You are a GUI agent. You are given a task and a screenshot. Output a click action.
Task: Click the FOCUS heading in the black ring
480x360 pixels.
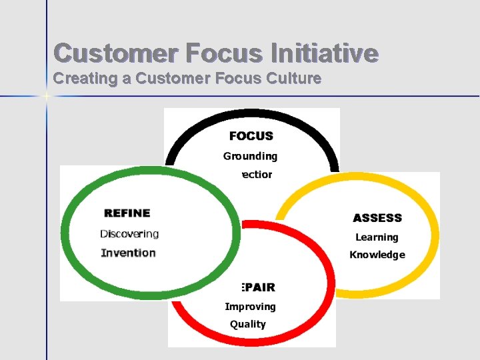[251, 136]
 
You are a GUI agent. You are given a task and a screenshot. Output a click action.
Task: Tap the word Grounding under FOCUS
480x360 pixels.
[250, 157]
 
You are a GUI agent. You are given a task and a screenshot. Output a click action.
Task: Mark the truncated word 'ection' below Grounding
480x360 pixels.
[256, 175]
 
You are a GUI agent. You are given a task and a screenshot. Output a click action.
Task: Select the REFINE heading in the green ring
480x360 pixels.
[127, 213]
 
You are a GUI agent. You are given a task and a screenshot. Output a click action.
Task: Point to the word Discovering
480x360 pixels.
[129, 234]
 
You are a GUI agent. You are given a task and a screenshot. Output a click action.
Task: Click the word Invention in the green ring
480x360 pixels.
[128, 253]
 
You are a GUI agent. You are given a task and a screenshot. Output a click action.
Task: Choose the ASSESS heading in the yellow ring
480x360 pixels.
[377, 218]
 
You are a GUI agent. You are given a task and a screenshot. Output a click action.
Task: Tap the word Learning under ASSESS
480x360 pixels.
[377, 237]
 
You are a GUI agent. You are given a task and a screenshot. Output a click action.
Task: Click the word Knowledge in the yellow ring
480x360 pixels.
[377, 255]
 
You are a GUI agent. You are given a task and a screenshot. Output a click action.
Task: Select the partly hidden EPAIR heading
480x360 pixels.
[257, 287]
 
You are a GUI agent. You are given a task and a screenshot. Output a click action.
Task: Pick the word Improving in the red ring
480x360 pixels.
[250, 307]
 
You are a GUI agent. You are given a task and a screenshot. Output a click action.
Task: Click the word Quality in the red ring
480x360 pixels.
[248, 325]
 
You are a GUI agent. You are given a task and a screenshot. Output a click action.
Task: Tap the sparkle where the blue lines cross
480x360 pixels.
[47, 97]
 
